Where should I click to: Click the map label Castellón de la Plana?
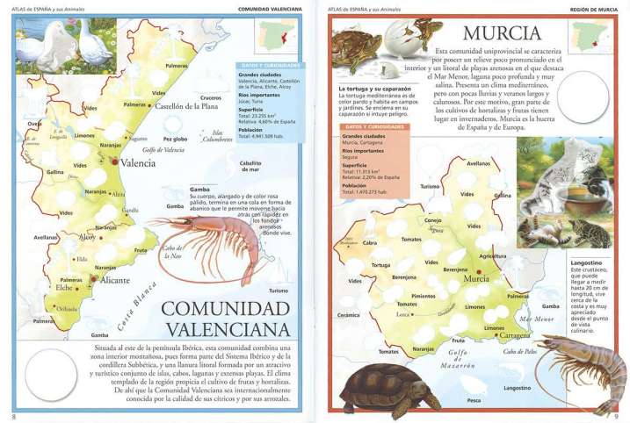186,106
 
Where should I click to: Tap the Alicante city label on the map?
113,280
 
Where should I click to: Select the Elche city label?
64,287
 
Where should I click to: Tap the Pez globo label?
176,139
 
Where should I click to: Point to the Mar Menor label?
537,319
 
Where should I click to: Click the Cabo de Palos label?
520,351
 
